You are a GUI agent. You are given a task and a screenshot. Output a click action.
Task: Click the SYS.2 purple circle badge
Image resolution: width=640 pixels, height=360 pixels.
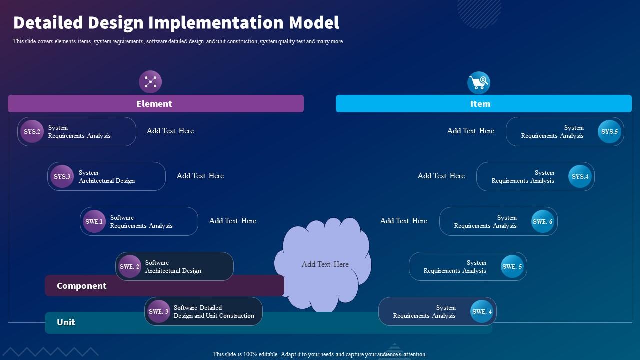pyautogui.click(x=32, y=132)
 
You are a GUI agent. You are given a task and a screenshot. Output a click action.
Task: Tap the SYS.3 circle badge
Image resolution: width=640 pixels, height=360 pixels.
pyautogui.click(x=62, y=177)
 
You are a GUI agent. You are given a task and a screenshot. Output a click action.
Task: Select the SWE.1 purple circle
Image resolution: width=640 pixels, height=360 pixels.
pyautogui.click(x=94, y=222)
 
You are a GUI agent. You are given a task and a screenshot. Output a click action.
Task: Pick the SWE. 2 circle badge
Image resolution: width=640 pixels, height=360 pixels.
pyautogui.click(x=129, y=267)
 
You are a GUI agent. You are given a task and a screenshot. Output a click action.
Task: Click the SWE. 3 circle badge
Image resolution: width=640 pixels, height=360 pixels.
pyautogui.click(x=159, y=312)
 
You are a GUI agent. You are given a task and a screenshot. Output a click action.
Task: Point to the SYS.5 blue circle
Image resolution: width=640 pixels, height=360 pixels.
pyautogui.click(x=609, y=132)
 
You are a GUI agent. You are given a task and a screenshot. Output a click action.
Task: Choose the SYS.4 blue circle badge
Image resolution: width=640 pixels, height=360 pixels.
pyautogui.click(x=580, y=177)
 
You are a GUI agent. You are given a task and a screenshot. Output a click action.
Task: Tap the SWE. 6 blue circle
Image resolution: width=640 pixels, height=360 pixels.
pyautogui.click(x=542, y=222)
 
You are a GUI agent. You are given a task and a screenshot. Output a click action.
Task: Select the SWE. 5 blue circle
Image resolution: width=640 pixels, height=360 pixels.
pyautogui.click(x=512, y=267)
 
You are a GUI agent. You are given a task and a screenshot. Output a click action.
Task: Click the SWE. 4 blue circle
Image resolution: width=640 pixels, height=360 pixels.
pyautogui.click(x=482, y=312)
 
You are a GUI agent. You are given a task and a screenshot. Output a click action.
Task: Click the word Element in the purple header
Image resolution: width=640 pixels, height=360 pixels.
pyautogui.click(x=154, y=104)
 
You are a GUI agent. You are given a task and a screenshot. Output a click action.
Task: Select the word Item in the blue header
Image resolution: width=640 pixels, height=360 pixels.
pyautogui.click(x=480, y=104)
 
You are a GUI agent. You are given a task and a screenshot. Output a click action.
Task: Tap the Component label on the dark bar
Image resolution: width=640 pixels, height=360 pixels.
pyautogui.click(x=81, y=286)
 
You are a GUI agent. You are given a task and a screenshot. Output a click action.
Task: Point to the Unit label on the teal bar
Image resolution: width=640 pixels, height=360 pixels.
pyautogui.click(x=66, y=322)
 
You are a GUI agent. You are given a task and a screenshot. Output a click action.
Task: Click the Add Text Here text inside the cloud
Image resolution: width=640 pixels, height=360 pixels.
pyautogui.click(x=325, y=264)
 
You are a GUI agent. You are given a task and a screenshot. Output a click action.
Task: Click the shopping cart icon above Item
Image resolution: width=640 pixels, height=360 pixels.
pyautogui.click(x=478, y=82)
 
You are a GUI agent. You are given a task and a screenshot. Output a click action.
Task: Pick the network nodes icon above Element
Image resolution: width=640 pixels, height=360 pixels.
pyautogui.click(x=150, y=82)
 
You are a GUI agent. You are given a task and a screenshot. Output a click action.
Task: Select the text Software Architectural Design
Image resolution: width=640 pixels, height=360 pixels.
pyautogui.click(x=173, y=267)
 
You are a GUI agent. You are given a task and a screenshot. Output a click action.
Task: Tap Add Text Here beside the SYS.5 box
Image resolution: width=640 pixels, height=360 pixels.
pyautogui.click(x=470, y=131)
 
